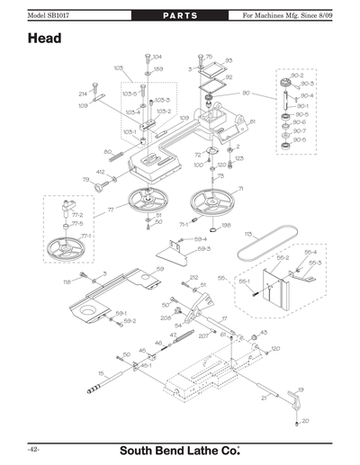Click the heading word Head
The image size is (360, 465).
pyautogui.click(x=44, y=40)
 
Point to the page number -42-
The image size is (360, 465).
pyautogui.click(x=31, y=447)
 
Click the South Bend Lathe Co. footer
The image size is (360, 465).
pyautogui.click(x=180, y=448)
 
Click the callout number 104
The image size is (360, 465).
pyautogui.click(x=157, y=57)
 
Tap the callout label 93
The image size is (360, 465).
pyautogui.click(x=229, y=60)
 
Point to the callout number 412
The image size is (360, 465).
pyautogui.click(x=100, y=171)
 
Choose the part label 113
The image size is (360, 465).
pyautogui.click(x=247, y=232)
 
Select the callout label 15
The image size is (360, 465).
pyautogui.click(x=101, y=371)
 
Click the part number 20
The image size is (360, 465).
pyautogui.click(x=305, y=420)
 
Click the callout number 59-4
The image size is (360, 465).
pyautogui.click(x=200, y=239)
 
